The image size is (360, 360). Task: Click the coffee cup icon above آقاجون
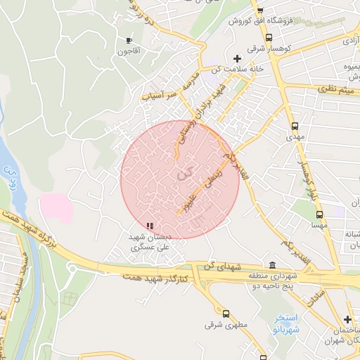coord(129,40)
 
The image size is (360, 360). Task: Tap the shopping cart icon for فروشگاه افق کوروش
coord(259,11)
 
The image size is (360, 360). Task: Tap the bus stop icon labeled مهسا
coord(320,214)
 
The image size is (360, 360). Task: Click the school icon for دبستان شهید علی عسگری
coord(149,226)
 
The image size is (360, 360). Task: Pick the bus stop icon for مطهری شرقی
coord(226,314)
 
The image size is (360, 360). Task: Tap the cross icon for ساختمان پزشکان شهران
coord(347,320)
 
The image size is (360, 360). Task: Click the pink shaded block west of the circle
coord(56,208)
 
